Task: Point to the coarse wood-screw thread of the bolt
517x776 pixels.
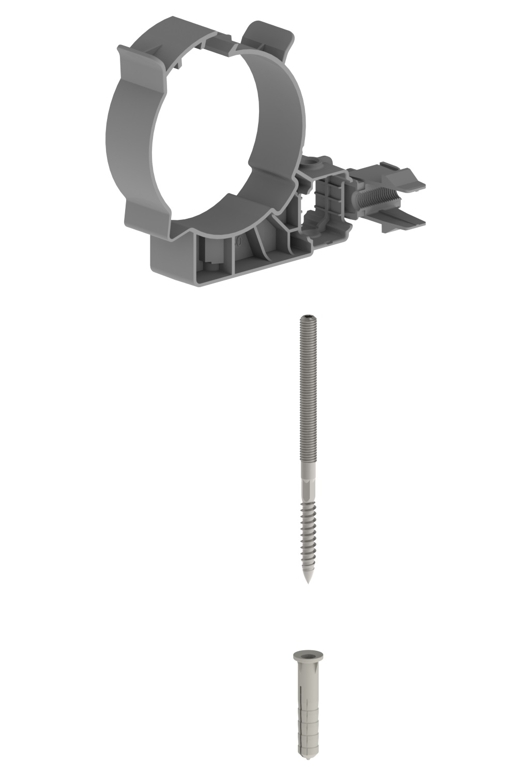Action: point(308,533)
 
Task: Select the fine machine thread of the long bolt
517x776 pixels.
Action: point(308,388)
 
